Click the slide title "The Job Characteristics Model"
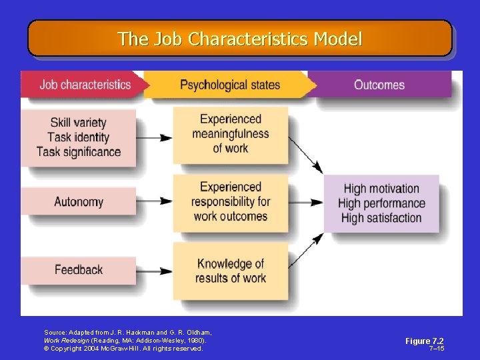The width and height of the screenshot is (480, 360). click(239, 39)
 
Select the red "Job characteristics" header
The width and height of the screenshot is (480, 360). click(85, 85)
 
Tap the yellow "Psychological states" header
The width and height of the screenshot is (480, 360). click(230, 85)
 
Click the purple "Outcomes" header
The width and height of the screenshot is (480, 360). click(379, 85)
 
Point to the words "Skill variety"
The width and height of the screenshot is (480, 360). click(78, 123)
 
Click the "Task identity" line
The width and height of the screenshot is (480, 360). click(78, 137)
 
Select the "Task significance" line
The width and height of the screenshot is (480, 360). click(79, 152)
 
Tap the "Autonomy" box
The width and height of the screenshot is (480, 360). click(79, 201)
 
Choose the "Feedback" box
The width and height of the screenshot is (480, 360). click(79, 269)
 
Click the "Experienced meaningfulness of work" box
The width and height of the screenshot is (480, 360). click(231, 133)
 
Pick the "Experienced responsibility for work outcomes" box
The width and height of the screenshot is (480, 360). click(231, 201)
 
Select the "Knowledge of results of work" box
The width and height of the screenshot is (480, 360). click(231, 271)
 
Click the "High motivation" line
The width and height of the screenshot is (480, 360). click(381, 189)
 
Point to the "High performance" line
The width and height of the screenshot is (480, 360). click(381, 203)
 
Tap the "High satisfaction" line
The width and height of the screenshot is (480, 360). click(381, 218)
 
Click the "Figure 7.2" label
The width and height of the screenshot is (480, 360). click(424, 341)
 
